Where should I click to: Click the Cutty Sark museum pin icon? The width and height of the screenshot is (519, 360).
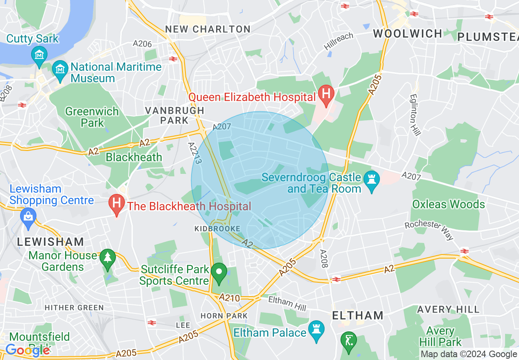tap(39, 54)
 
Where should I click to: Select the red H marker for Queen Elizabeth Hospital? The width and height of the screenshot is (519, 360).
tap(326, 94)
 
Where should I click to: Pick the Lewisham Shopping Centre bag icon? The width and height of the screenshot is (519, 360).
tap(28, 216)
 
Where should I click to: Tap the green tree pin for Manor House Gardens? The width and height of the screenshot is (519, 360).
tap(107, 258)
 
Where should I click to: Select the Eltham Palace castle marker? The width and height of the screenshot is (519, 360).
tap(316, 330)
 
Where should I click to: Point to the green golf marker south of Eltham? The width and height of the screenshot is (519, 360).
tap(348, 340)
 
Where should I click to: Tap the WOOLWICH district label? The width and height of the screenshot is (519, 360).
tap(407, 34)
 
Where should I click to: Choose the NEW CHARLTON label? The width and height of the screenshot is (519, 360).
tap(208, 29)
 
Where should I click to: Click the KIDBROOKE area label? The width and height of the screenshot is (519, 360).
tap(217, 229)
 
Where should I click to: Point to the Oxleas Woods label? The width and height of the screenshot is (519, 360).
tap(449, 204)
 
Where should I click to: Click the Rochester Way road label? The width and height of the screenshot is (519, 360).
tap(429, 230)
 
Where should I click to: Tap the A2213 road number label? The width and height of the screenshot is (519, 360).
tap(195, 153)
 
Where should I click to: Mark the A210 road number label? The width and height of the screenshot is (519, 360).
tap(229, 297)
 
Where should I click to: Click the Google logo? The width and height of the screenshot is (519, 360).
tap(27, 350)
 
